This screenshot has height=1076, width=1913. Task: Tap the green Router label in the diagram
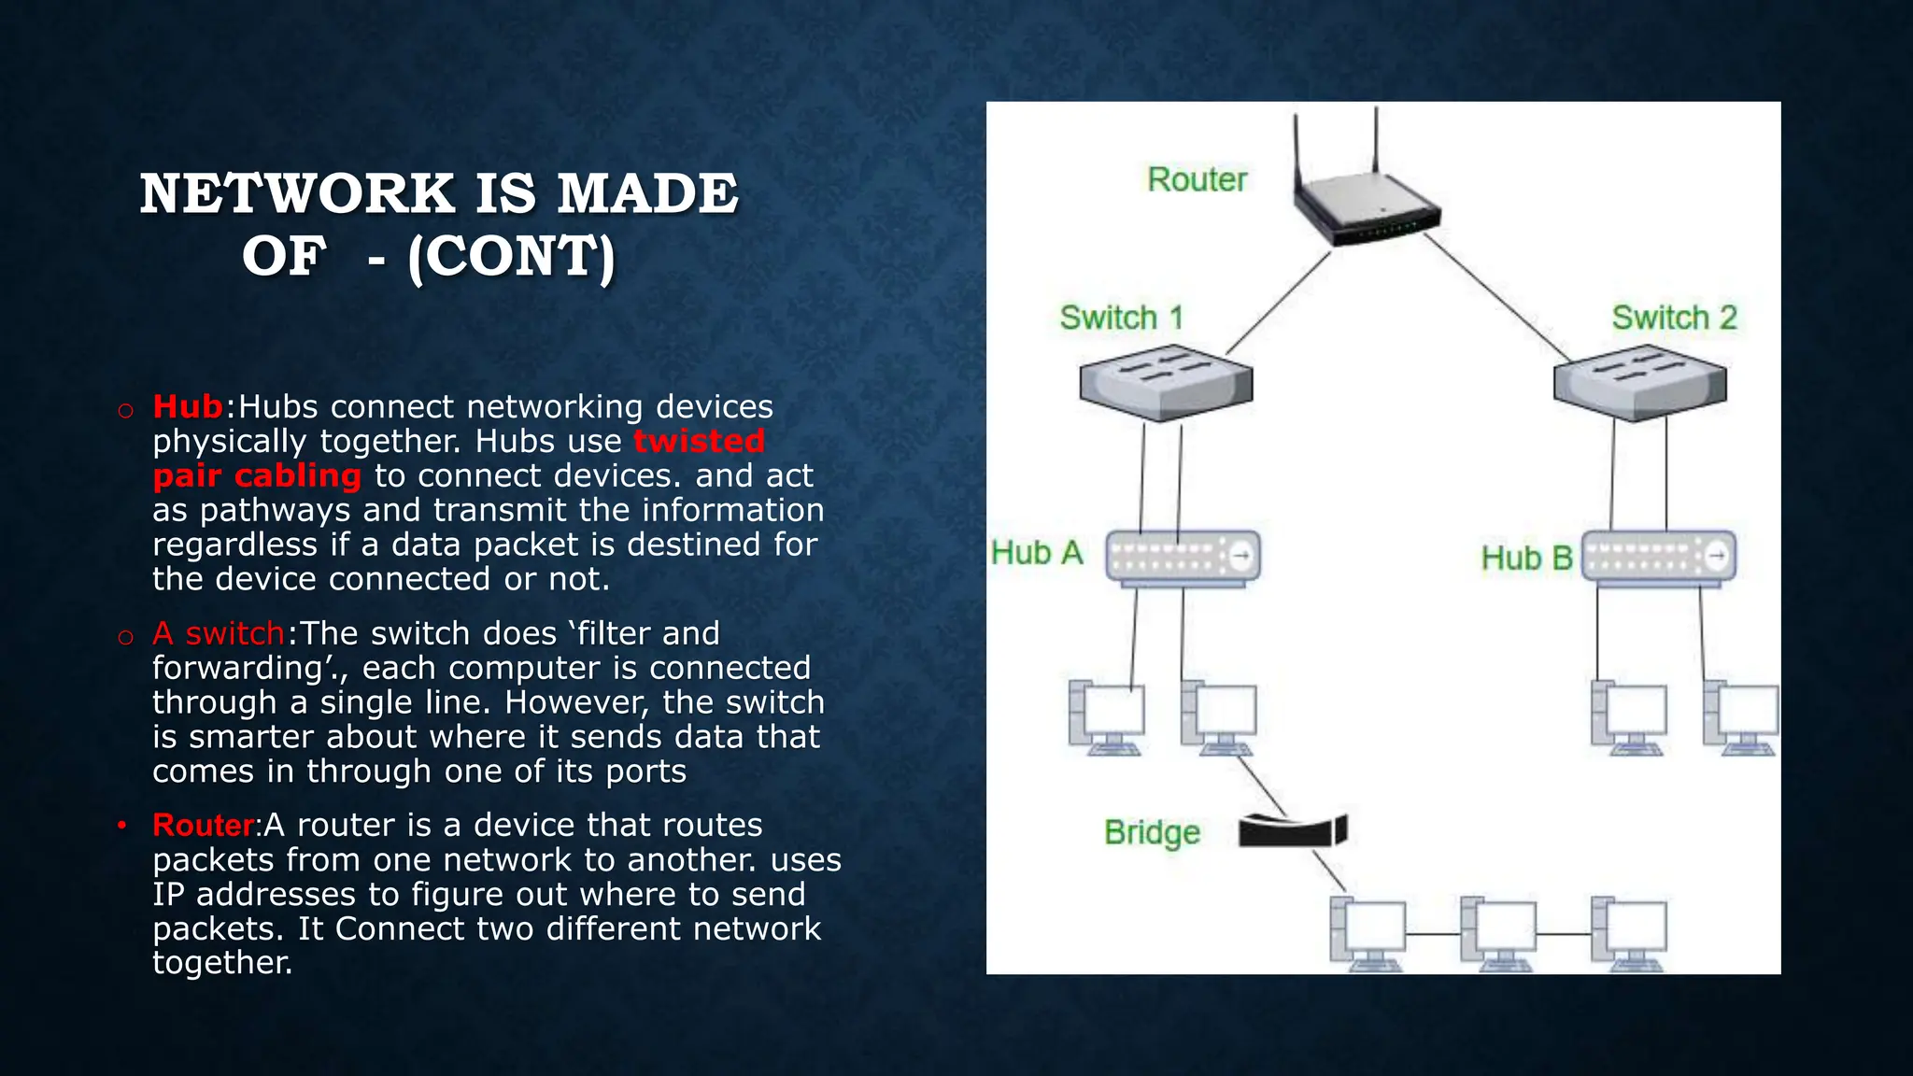pyautogui.click(x=1197, y=179)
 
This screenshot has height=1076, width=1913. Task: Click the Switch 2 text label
pyautogui.click(x=1674, y=318)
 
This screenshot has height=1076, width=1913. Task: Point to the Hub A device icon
pyautogui.click(x=1183, y=558)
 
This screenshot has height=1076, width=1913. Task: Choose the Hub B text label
pyautogui.click(x=1526, y=559)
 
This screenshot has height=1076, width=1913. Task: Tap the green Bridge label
pyautogui.click(x=1152, y=832)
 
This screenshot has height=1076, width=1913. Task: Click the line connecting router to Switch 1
pyautogui.click(x=1278, y=304)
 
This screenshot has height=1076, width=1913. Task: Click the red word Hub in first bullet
pyautogui.click(x=188, y=407)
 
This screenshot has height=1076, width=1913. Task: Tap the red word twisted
pyautogui.click(x=699, y=441)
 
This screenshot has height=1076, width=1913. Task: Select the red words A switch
pyautogui.click(x=219, y=634)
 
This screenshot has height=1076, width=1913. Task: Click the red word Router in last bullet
pyautogui.click(x=203, y=826)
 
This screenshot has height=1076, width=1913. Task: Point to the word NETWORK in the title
pyautogui.click(x=297, y=194)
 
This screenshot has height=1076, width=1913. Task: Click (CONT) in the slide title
pyautogui.click(x=512, y=257)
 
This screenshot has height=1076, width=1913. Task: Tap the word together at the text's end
pyautogui.click(x=222, y=963)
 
